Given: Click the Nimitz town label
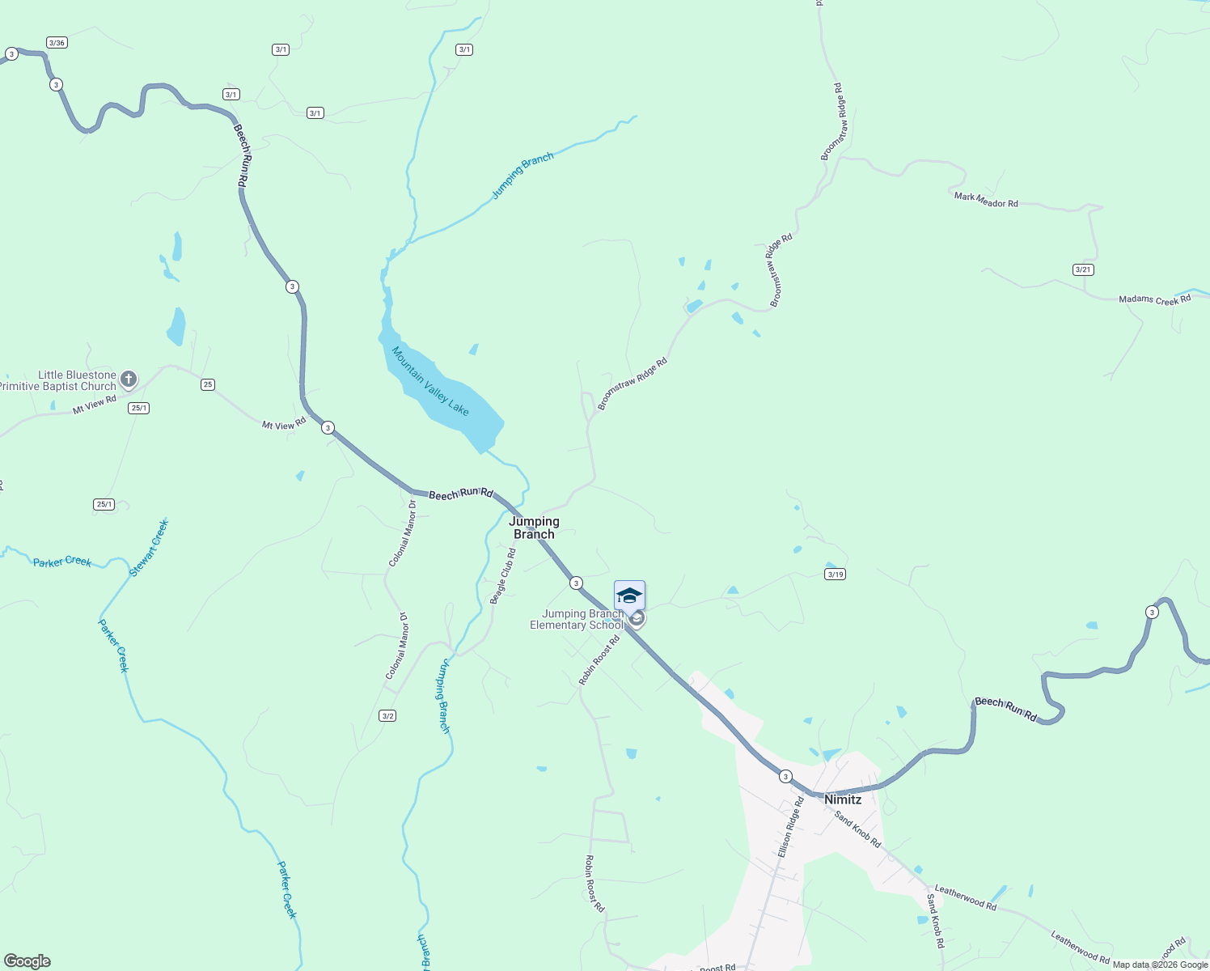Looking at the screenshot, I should tap(843, 799).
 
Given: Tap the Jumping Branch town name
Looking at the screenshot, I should tap(534, 528).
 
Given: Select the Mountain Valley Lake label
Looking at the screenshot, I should tap(430, 381).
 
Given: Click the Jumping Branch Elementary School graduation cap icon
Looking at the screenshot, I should tap(629, 596).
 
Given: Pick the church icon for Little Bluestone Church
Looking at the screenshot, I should tap(129, 379).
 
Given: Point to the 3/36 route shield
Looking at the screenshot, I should tap(57, 42).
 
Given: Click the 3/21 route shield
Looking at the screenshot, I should tap(1083, 269).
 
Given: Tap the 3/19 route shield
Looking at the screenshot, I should tap(835, 575).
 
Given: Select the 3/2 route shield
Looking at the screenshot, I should tap(387, 715).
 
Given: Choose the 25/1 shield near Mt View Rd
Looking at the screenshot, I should tap(138, 408).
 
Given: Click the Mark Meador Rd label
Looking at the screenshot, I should tap(986, 200).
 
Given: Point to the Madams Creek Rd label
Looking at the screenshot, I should tap(1154, 299).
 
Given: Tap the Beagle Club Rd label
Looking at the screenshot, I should tap(503, 576).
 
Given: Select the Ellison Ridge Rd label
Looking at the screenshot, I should tap(790, 827).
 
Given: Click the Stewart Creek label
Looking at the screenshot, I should tap(150, 548).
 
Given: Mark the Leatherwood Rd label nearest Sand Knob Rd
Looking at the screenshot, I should tap(965, 897).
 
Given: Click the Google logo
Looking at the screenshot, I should tap(27, 961).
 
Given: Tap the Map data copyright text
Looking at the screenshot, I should tap(1160, 965).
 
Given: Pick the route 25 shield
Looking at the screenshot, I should tap(208, 384).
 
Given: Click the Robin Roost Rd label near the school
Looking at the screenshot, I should tap(599, 660).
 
